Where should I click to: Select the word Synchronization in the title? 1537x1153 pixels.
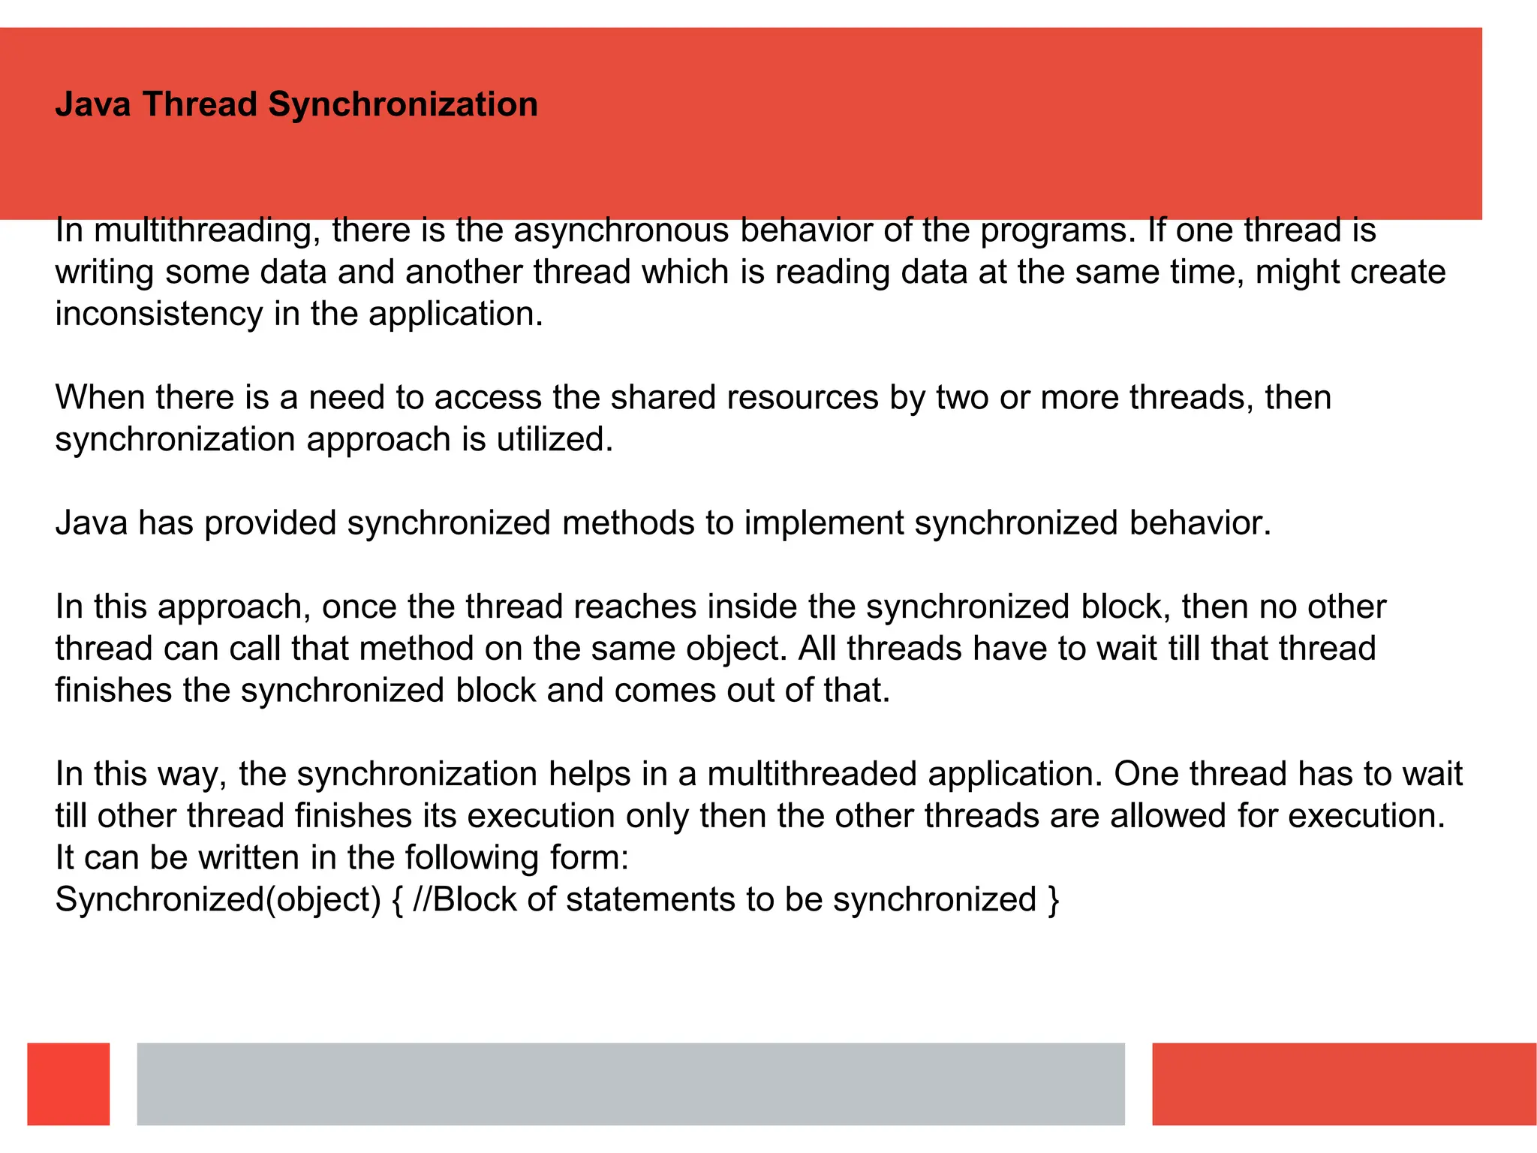[x=403, y=104]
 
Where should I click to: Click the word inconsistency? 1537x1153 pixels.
[x=158, y=314]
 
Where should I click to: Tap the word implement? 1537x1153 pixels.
[x=824, y=523]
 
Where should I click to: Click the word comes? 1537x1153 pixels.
[x=664, y=691]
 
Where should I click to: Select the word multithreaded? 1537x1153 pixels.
[x=812, y=774]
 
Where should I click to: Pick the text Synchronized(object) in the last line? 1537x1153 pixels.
[x=218, y=900]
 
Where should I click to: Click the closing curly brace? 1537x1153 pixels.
[x=1053, y=900]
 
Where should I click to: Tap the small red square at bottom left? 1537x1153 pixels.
[x=68, y=1083]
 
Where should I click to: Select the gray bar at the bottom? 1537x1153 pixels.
[x=630, y=1083]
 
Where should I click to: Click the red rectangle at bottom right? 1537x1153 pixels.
[x=1343, y=1083]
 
